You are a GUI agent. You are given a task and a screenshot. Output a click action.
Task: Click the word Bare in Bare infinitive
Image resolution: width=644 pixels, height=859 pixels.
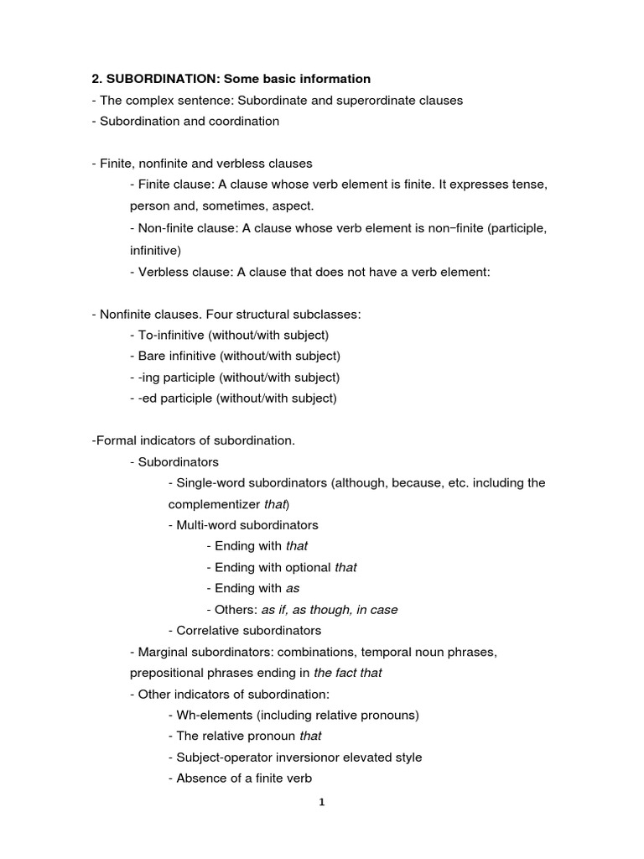152,356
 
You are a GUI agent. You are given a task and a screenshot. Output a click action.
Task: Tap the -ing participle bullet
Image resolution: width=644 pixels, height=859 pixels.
235,377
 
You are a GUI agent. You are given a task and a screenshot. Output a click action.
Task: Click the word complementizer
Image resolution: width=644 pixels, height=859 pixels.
214,504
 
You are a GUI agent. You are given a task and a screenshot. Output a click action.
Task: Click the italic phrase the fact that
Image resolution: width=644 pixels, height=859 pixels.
347,673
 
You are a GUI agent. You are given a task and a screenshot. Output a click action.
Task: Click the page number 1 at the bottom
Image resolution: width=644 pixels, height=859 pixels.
321,802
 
